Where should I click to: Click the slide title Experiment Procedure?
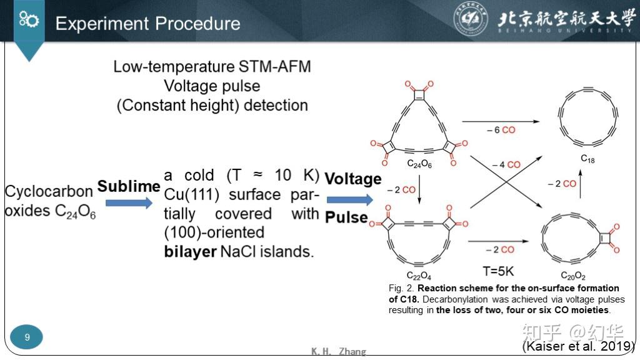pyautogui.click(x=147, y=24)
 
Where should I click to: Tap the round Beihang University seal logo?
pyautogui.click(x=471, y=18)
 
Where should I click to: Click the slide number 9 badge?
pyautogui.click(x=27, y=337)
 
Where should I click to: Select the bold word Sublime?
pyautogui.click(x=129, y=186)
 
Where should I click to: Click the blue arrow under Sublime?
pyautogui.click(x=129, y=203)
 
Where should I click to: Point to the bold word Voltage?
pyautogui.click(x=353, y=179)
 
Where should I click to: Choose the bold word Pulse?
pyautogui.click(x=346, y=217)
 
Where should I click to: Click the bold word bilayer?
pyautogui.click(x=190, y=251)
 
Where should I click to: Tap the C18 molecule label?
pyautogui.click(x=587, y=159)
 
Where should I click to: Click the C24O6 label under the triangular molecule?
pyautogui.click(x=419, y=164)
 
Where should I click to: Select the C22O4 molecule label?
pyautogui.click(x=419, y=276)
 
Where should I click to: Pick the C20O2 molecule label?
pyautogui.click(x=572, y=276)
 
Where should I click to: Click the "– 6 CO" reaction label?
pyautogui.click(x=501, y=130)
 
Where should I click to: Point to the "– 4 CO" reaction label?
pyautogui.click(x=506, y=164)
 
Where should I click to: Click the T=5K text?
pyautogui.click(x=498, y=271)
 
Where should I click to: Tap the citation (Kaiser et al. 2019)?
pyautogui.click(x=579, y=346)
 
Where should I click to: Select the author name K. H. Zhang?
pyautogui.click(x=338, y=351)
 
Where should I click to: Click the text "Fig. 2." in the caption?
pyautogui.click(x=401, y=288)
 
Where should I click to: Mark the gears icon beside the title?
pyautogui.click(x=29, y=19)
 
